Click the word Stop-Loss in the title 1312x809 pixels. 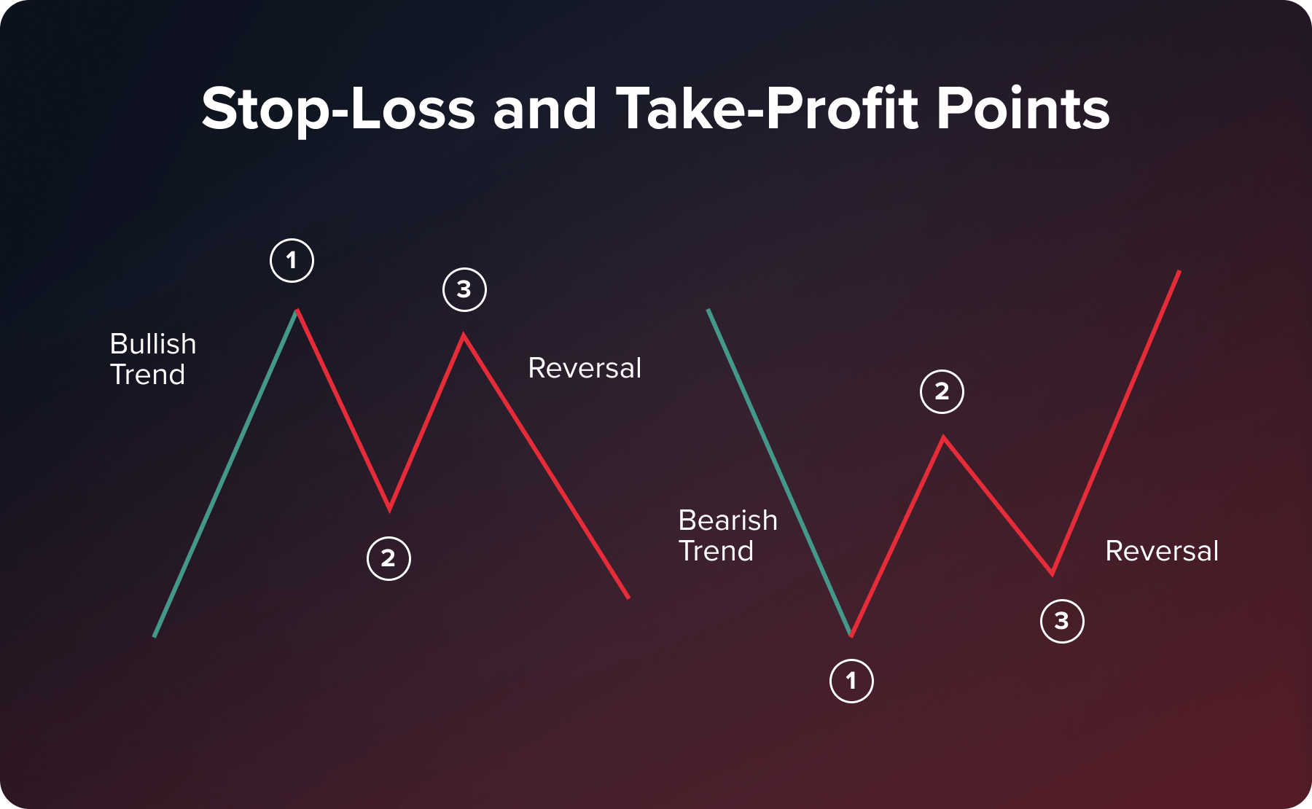coord(338,109)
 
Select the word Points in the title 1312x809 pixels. coord(1023,109)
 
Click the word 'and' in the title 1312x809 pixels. coord(544,109)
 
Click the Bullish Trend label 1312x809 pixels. coord(152,359)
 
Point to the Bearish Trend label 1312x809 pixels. coord(727,536)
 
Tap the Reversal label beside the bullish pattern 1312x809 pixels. coord(585,368)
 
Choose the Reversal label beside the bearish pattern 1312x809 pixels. coord(1162,551)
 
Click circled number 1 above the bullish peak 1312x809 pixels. coord(292,260)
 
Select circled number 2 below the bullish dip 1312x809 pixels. coord(388,558)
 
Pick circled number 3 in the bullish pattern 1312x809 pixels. coord(464,289)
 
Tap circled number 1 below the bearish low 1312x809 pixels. coord(851,681)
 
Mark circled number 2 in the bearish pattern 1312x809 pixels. coord(942,391)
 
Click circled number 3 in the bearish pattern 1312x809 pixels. coord(1061,621)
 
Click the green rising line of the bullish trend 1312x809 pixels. coord(225,474)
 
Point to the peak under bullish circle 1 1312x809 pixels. coord(297,311)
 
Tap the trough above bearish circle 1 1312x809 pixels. coord(851,635)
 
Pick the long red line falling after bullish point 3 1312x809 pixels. coord(546,466)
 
